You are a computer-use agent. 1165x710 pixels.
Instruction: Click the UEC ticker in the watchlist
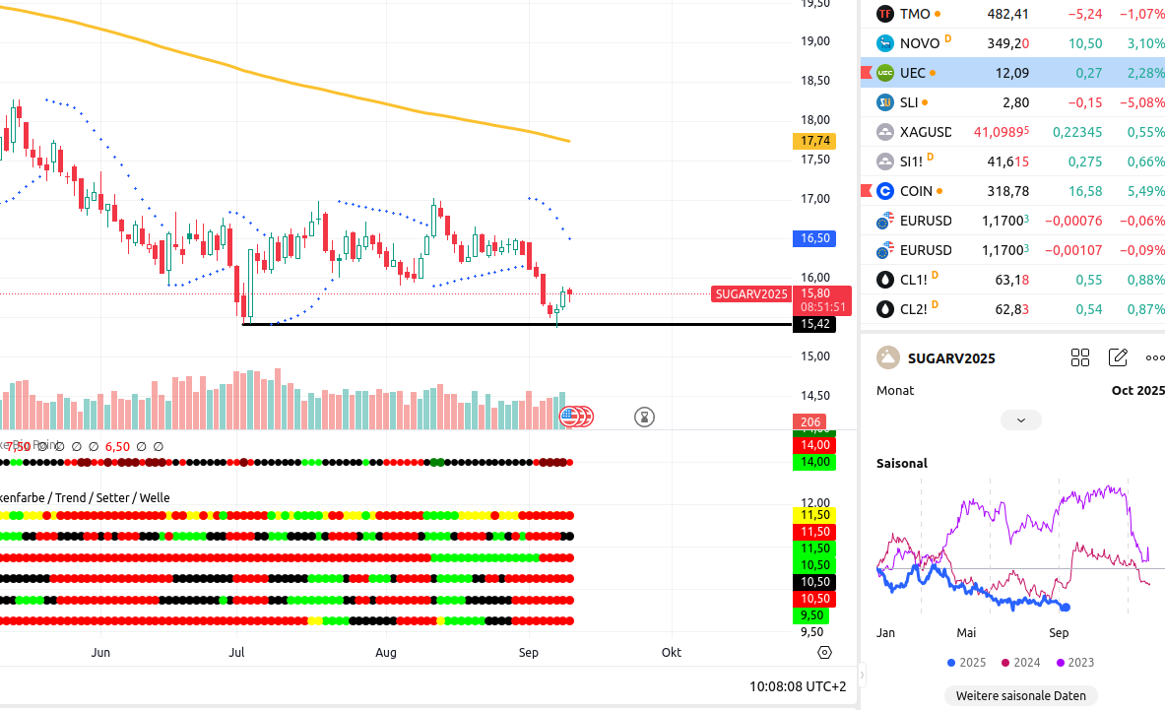click(x=912, y=73)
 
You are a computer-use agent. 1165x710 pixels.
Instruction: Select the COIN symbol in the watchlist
click(x=916, y=191)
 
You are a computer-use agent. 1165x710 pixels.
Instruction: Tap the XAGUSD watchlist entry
click(x=925, y=132)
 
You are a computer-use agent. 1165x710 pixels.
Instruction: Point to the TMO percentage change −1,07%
click(x=1140, y=14)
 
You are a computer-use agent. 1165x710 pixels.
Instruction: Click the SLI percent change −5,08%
click(x=1140, y=102)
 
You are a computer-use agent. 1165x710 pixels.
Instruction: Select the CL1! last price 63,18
click(x=1011, y=280)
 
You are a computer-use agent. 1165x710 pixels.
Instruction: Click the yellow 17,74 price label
click(x=816, y=141)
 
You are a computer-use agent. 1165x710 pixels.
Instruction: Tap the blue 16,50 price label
click(x=816, y=238)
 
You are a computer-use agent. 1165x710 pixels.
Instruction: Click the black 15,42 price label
click(x=814, y=324)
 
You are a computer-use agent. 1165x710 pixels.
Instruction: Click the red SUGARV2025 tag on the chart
click(x=751, y=293)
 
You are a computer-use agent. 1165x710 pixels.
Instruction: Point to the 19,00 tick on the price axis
click(x=814, y=41)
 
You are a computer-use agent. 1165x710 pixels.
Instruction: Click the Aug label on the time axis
click(x=386, y=652)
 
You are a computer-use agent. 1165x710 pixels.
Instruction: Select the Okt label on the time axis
click(x=672, y=652)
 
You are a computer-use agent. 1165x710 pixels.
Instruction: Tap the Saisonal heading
click(x=901, y=463)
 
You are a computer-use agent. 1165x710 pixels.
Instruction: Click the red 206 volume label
click(x=811, y=422)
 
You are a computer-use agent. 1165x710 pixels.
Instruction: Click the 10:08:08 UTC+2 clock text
click(x=797, y=685)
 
